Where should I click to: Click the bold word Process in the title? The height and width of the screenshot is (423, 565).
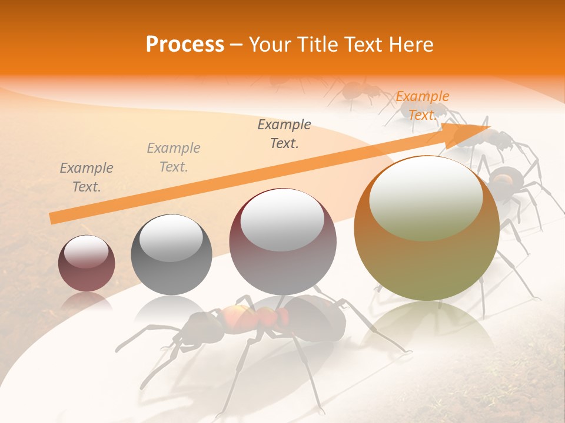tap(185, 45)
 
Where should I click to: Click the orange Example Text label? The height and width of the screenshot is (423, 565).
tap(422, 106)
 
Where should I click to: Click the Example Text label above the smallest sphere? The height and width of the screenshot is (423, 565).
tap(87, 177)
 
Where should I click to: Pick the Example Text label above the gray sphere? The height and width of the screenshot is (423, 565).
tap(174, 157)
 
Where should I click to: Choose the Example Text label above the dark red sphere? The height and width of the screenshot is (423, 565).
tap(284, 134)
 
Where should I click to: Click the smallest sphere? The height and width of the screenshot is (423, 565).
tap(87, 263)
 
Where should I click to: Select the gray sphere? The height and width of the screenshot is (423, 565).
tap(171, 254)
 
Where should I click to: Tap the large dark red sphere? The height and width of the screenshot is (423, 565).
tap(282, 241)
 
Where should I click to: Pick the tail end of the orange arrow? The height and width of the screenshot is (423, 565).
tap(53, 219)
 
